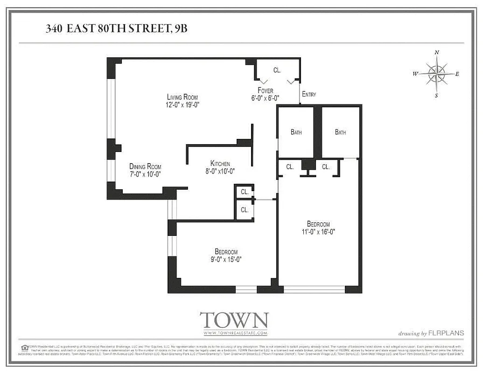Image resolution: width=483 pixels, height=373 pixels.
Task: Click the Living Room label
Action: coord(179,97)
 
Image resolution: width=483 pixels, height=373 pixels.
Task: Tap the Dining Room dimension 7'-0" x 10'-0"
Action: coord(145,174)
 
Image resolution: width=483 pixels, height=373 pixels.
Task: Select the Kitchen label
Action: coord(220,164)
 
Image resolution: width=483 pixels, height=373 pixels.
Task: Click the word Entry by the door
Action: coord(309,94)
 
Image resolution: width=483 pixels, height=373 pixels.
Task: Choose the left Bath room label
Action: coord(296,132)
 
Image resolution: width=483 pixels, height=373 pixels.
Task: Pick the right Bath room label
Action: coord(340,132)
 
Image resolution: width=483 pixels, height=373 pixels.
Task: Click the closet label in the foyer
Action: coord(277,70)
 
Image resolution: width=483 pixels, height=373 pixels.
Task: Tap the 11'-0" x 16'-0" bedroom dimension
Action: coord(318,231)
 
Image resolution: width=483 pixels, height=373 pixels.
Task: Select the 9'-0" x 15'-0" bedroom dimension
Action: coord(226,259)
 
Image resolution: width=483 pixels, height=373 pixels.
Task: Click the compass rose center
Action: coord(436,74)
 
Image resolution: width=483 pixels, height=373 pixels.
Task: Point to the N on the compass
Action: coord(437,53)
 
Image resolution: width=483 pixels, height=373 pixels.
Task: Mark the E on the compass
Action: coord(457,74)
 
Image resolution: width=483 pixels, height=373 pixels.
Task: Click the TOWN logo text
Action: coord(234,320)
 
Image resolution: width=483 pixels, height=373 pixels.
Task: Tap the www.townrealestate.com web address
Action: coord(235,333)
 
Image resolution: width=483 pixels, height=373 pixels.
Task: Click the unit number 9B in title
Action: coord(180,28)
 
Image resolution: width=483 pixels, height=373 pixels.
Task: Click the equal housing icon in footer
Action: coord(24,347)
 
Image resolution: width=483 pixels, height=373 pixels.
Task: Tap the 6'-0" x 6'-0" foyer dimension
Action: coord(265,98)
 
